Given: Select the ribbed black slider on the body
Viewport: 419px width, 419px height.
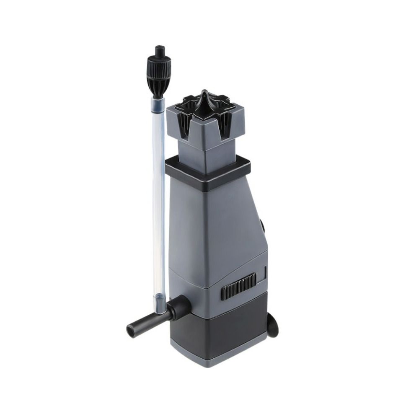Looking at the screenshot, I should coord(238,286).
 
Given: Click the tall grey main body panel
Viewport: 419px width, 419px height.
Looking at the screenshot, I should coord(218,226).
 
